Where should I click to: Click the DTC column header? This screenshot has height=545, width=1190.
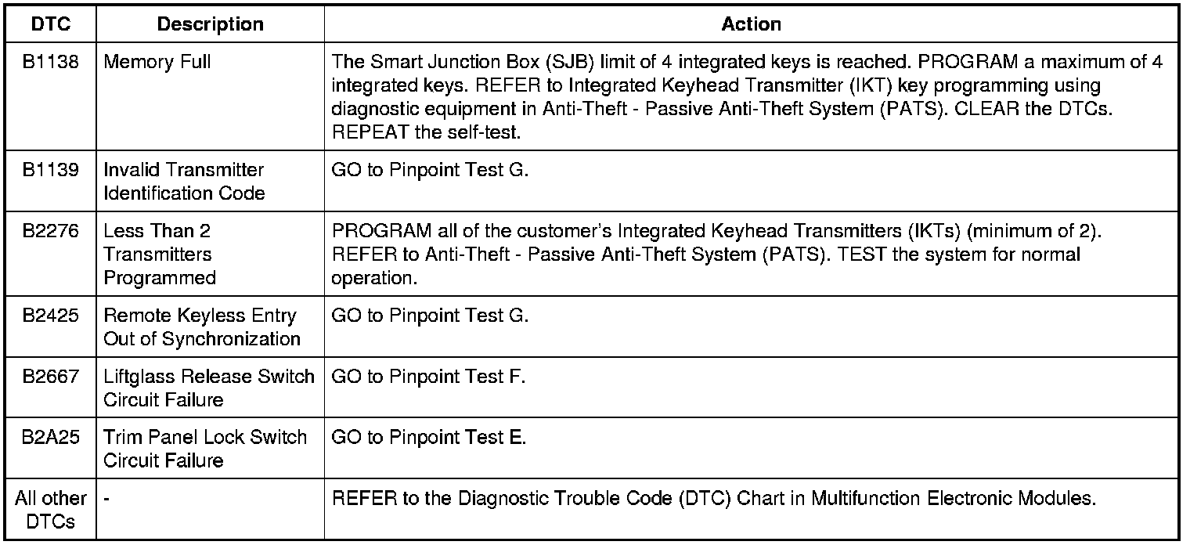[51, 24]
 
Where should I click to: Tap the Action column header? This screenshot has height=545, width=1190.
[751, 24]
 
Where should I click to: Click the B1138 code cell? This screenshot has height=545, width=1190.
[51, 61]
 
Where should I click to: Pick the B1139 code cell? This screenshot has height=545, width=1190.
[51, 170]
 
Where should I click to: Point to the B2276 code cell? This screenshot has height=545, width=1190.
[51, 231]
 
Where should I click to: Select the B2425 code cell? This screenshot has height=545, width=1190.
[51, 316]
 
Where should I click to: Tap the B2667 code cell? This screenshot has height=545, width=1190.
[51, 377]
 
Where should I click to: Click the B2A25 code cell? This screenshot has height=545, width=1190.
[51, 437]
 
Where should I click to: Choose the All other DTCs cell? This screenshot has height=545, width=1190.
[51, 510]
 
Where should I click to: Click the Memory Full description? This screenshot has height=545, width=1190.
[157, 61]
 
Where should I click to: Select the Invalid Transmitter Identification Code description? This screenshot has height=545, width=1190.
[184, 182]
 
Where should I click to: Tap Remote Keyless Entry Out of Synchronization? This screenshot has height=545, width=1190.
[201, 327]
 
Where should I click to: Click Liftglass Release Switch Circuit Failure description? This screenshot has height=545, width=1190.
[208, 388]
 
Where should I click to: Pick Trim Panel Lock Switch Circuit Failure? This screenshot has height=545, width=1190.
[204, 449]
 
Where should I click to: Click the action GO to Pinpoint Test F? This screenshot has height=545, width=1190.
[428, 377]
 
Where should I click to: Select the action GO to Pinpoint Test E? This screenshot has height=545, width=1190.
[428, 437]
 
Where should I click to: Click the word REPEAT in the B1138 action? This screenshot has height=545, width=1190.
[370, 132]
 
